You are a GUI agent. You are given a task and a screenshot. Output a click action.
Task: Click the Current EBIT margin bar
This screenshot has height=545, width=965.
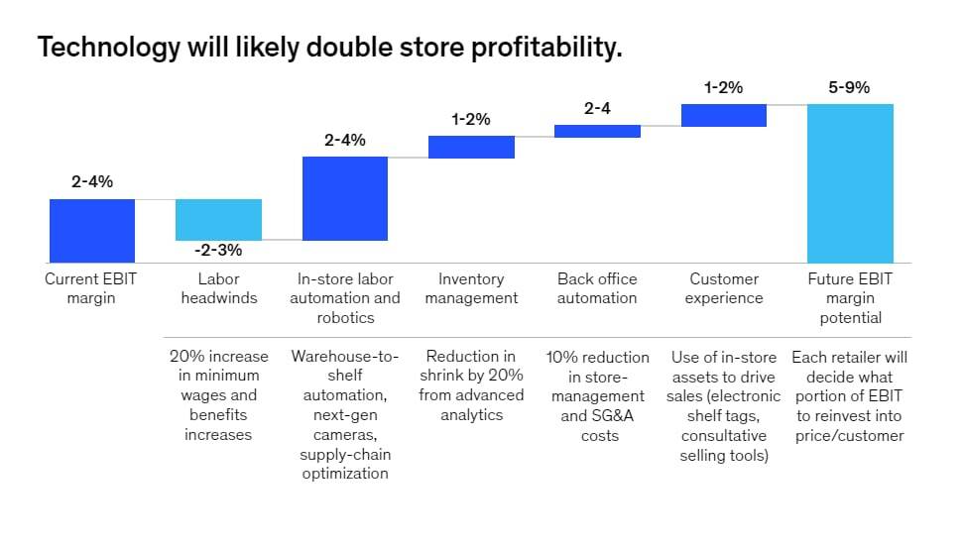click(92, 230)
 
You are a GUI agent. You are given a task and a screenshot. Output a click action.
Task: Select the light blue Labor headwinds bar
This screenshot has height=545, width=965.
click(218, 219)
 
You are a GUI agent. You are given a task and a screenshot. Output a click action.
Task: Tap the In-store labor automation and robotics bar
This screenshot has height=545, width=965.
click(345, 198)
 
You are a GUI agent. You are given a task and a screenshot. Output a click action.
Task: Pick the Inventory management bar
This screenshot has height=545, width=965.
click(471, 147)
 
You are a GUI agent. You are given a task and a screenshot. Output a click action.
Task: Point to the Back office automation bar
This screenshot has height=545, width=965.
click(597, 131)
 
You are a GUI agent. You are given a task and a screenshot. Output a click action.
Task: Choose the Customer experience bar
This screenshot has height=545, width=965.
click(724, 115)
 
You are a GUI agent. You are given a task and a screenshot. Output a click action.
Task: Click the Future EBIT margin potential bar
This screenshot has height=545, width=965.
click(850, 182)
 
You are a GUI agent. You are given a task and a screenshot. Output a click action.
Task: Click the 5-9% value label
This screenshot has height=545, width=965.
click(849, 87)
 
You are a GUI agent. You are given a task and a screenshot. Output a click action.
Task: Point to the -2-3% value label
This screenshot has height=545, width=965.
click(218, 251)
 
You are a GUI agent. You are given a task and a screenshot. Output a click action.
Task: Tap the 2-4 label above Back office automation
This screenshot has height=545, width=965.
click(597, 109)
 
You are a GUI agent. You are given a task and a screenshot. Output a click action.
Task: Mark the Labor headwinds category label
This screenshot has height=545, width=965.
click(218, 288)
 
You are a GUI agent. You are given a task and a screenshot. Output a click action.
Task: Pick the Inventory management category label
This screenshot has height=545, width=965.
click(471, 288)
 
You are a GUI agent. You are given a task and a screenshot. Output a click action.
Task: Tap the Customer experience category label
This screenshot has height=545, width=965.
click(724, 288)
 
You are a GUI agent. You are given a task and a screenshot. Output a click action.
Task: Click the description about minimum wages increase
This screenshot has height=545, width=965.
click(218, 395)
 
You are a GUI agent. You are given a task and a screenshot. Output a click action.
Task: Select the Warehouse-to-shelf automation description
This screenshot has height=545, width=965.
click(345, 414)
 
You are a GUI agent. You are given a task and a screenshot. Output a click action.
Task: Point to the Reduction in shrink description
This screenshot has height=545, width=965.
click(471, 385)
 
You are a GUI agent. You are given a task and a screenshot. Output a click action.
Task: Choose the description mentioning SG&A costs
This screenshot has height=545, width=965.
click(597, 395)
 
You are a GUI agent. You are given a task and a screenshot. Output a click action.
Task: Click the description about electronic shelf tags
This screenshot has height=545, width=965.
click(724, 405)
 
